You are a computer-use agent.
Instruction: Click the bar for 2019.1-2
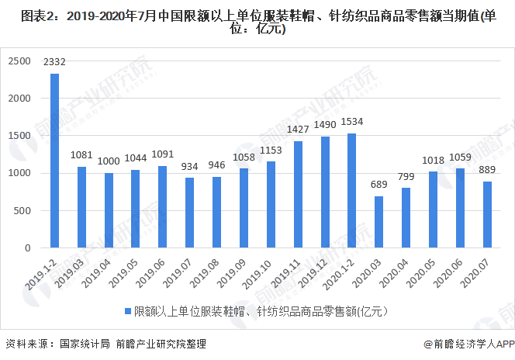(55, 161)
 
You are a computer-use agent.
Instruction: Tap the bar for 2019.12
(324, 192)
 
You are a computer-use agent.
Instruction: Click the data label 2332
(55, 61)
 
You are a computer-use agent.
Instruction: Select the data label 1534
(352, 122)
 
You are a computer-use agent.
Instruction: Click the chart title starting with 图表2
(257, 22)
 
